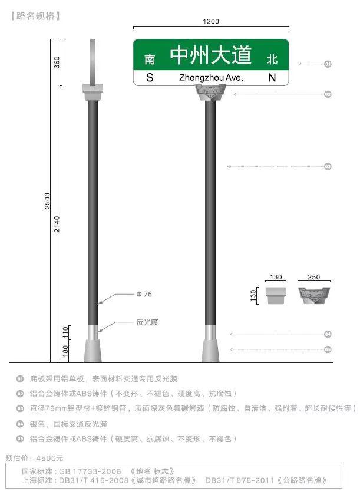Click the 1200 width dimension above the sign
[x=211, y=22]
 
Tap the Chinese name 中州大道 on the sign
[x=211, y=56]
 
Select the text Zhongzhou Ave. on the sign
[x=211, y=78]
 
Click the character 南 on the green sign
[x=150, y=60]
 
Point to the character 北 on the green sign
[x=272, y=60]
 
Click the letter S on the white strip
[x=150, y=78]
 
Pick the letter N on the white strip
[x=272, y=78]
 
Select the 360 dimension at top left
[x=58, y=62]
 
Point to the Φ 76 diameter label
[x=144, y=294]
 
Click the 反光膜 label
[x=147, y=322]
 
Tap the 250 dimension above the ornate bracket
[x=313, y=277]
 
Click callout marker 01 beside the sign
[x=328, y=64]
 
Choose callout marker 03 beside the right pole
[x=328, y=167]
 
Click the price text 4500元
[x=49, y=457]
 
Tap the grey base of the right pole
[x=210, y=351]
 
